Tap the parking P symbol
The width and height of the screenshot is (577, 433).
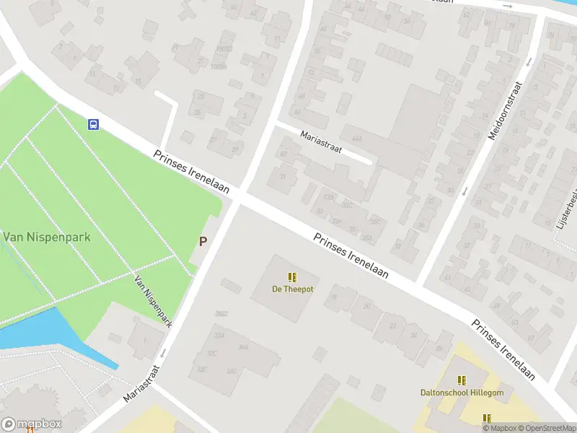coord(203,242)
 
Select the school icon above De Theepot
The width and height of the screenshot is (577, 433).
coord(292,277)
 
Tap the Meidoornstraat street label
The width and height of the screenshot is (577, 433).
coord(504,110)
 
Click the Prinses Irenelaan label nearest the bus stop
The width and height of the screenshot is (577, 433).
coord(191,172)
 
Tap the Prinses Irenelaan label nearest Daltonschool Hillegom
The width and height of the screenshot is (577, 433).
coord(504,349)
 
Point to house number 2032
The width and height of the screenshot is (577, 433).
coord(221,314)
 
